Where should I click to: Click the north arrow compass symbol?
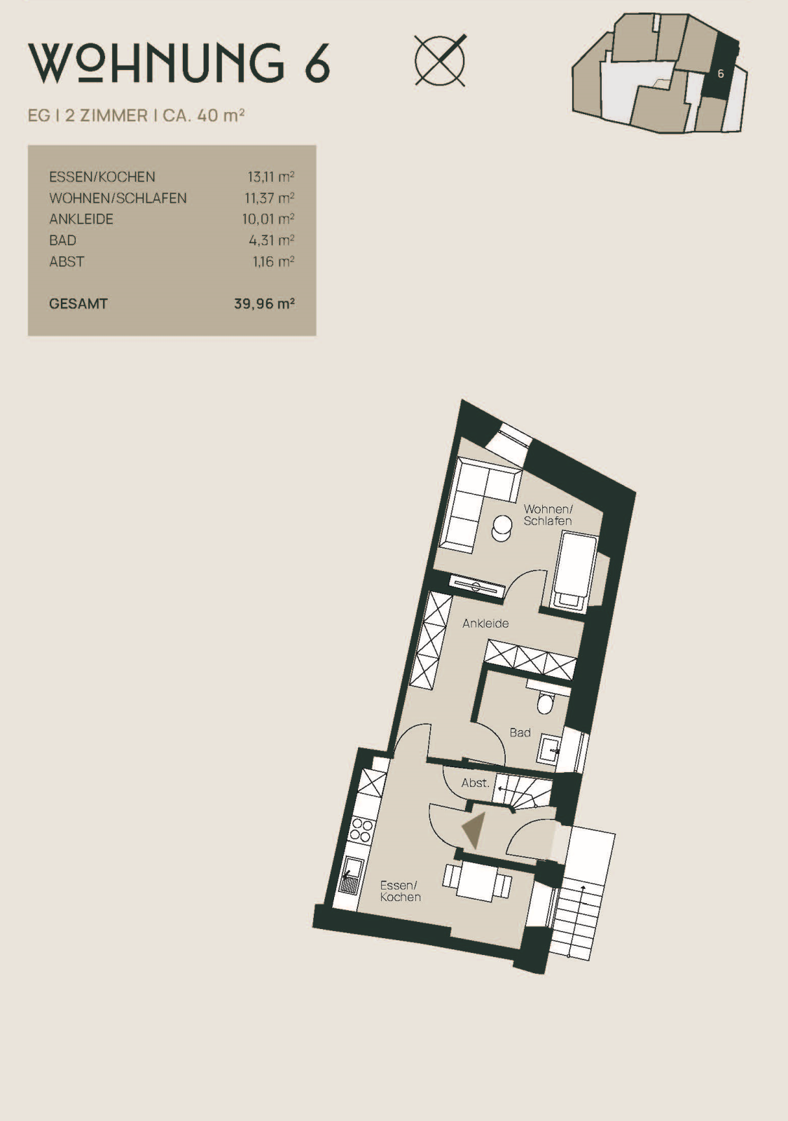point(441,60)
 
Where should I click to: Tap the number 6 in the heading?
point(317,63)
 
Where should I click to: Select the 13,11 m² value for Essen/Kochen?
point(270,177)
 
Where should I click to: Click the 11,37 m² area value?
point(269,198)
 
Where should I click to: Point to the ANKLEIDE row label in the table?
point(81,219)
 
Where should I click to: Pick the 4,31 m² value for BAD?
point(271,240)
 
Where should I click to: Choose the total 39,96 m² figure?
point(264,304)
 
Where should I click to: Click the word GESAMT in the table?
point(78,304)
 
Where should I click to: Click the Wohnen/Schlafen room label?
point(548,515)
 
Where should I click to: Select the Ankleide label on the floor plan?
point(485,624)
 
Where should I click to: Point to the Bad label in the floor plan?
point(520,733)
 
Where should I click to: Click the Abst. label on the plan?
point(476,783)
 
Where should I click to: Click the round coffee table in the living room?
point(502,528)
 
